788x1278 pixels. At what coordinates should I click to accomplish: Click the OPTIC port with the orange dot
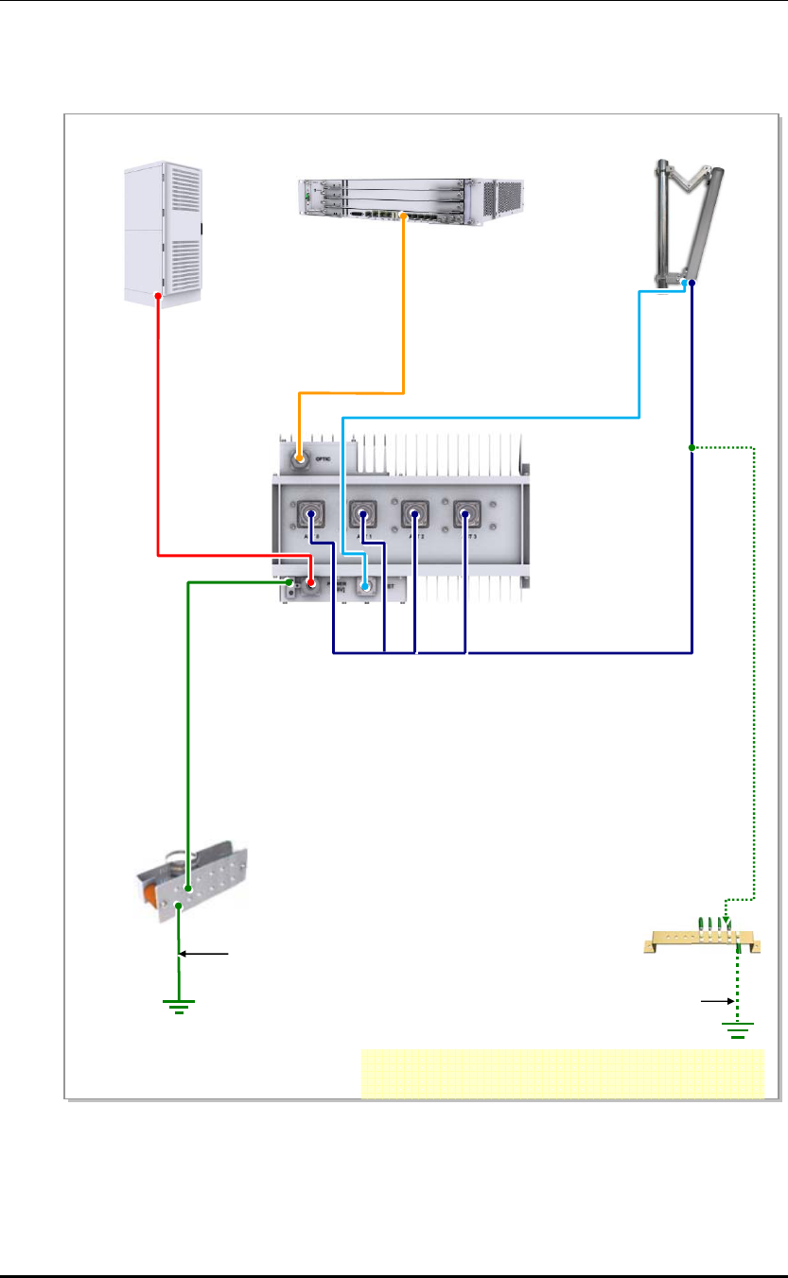(x=299, y=460)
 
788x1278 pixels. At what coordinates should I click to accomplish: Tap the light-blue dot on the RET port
(x=364, y=587)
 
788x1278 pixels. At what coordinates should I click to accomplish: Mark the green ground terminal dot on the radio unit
(x=290, y=583)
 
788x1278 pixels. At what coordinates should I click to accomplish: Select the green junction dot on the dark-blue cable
(x=692, y=447)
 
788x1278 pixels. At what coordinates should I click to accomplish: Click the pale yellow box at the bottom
(x=562, y=1073)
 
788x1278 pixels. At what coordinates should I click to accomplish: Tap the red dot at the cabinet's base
(x=158, y=296)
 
